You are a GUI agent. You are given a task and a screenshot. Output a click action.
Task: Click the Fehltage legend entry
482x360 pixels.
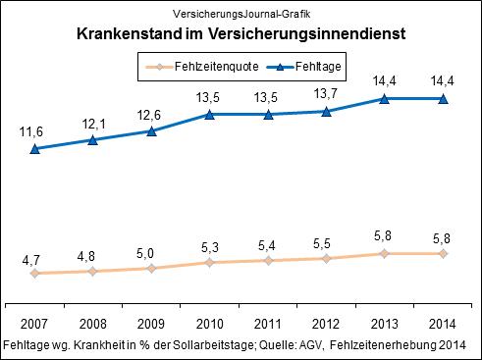tap(308, 67)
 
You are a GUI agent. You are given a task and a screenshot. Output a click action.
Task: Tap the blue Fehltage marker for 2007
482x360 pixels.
tap(34, 149)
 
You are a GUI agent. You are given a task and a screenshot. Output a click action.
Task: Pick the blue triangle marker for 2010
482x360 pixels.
tap(209, 115)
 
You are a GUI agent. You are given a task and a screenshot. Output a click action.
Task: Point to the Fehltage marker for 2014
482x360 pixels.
tap(444, 99)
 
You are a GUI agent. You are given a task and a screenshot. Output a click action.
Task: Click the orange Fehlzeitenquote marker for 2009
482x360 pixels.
tap(151, 268)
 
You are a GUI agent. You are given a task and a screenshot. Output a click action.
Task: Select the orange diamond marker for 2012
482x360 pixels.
tap(327, 258)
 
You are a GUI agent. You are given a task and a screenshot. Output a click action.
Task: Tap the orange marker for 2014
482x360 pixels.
tap(444, 253)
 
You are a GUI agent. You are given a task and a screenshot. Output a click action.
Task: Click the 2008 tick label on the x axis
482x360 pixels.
tap(92, 323)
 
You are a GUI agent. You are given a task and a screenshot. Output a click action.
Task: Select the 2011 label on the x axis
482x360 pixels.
tap(268, 323)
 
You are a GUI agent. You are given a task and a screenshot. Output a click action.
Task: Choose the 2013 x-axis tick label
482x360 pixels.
tap(385, 323)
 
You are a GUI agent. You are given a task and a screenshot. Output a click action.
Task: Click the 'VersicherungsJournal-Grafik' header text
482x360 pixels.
tap(241, 14)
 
